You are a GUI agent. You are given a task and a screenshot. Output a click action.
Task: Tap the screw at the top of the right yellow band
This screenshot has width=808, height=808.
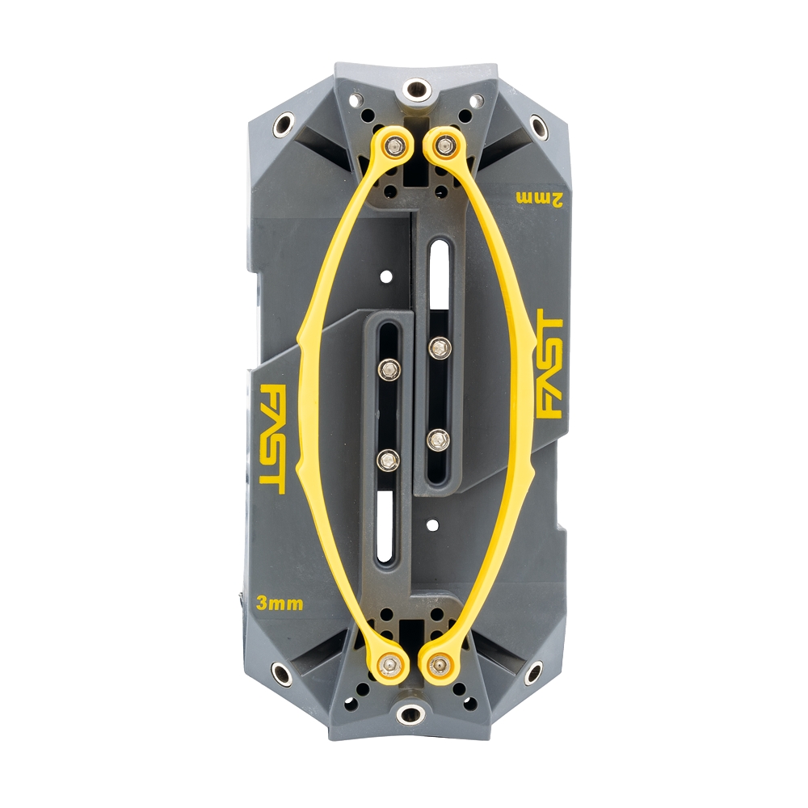tap(442, 145)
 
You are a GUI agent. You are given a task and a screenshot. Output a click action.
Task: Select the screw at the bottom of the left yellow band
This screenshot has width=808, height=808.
tap(391, 664)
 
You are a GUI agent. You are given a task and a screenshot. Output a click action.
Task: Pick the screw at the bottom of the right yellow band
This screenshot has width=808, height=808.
tap(439, 664)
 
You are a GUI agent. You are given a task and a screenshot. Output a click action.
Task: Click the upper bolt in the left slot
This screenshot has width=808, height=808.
tap(389, 368)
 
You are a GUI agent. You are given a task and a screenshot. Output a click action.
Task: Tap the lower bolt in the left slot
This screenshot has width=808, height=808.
tap(389, 460)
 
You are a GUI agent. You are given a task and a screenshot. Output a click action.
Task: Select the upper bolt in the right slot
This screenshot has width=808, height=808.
tap(439, 348)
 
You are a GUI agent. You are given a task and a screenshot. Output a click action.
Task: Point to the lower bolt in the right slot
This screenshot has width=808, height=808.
tap(439, 440)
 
